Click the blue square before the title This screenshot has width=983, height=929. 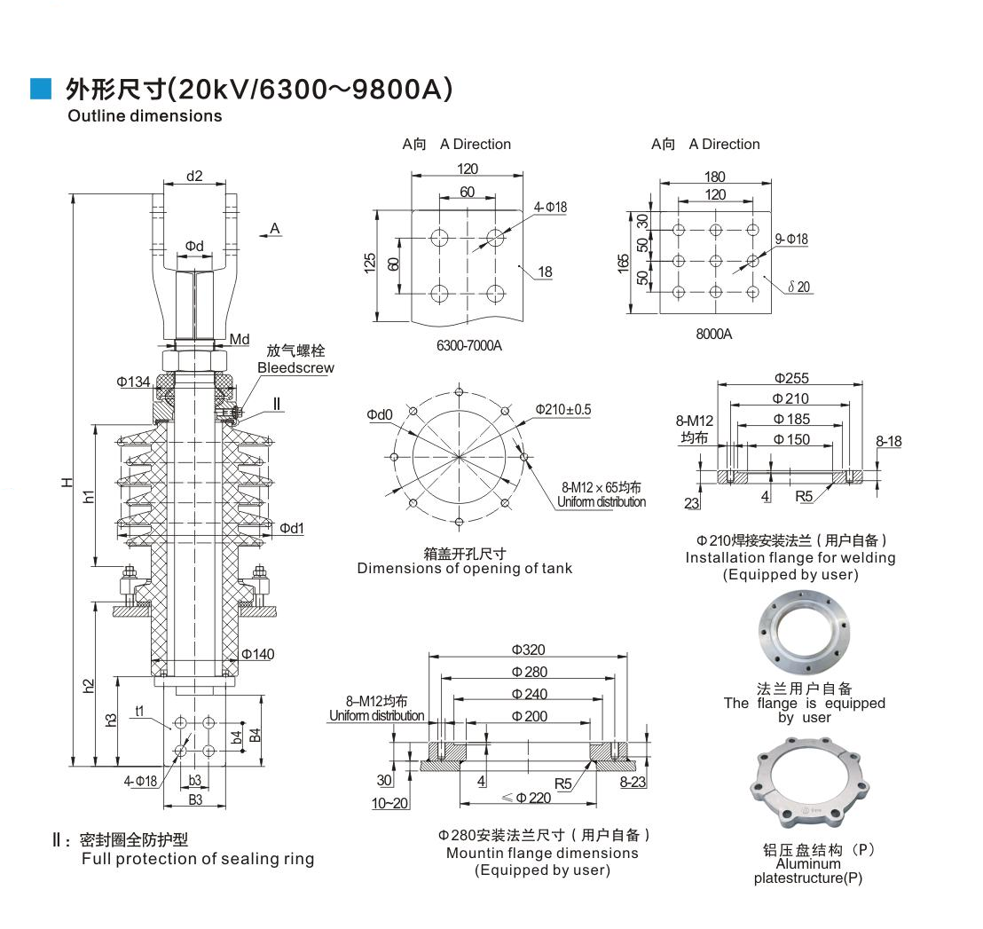41,88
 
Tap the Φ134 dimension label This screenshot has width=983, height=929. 132,382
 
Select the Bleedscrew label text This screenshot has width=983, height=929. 295,367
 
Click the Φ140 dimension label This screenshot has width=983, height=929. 258,654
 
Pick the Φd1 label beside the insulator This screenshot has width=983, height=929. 292,528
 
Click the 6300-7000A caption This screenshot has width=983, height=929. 468,345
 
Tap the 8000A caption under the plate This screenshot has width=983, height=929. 713,335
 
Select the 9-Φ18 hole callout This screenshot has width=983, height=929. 791,239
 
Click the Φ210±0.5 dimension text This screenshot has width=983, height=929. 562,409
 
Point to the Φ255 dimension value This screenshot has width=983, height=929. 790,378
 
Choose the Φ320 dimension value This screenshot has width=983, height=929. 528,650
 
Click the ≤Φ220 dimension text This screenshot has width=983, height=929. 527,797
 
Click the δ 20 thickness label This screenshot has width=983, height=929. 798,286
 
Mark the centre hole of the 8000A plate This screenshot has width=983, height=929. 715,261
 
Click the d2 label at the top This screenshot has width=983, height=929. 194,176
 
